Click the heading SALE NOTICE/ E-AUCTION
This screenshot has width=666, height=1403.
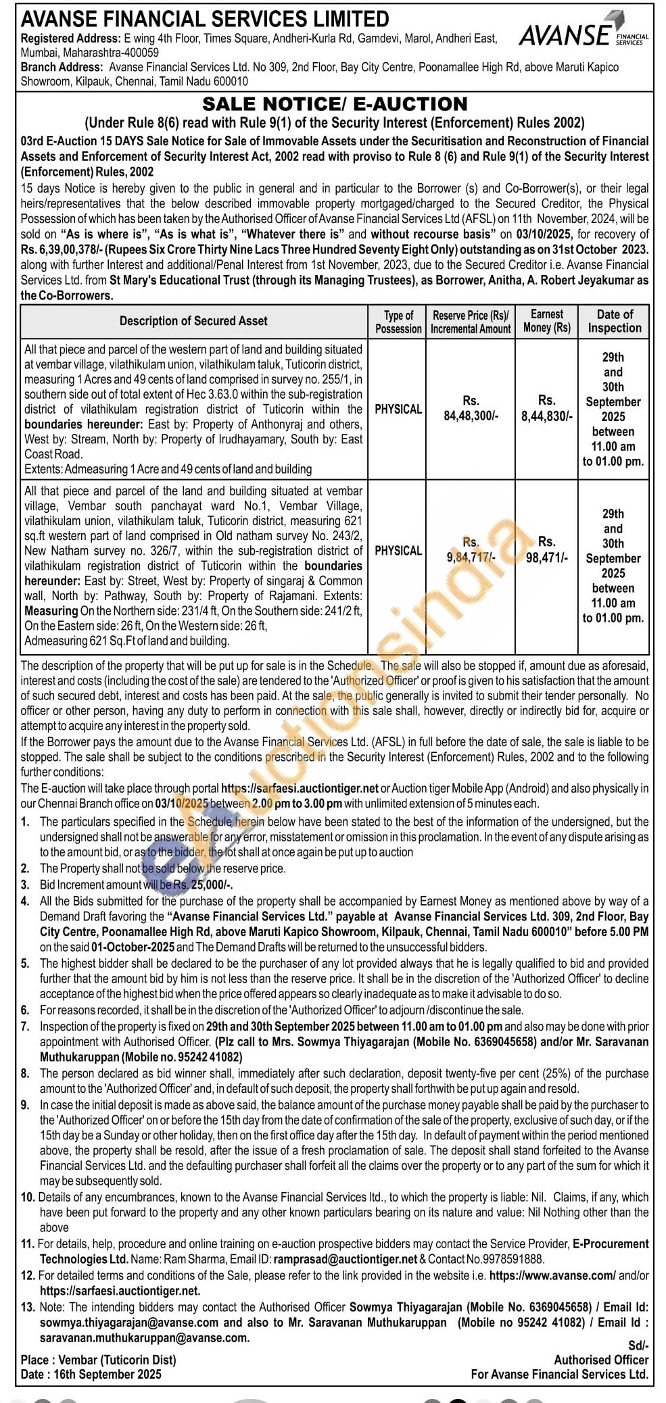click(335, 104)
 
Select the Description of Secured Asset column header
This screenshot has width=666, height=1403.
click(193, 321)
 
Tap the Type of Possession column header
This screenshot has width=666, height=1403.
click(398, 322)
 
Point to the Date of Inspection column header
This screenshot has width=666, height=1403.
click(614, 321)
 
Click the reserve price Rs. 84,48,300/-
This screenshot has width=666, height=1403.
click(471, 408)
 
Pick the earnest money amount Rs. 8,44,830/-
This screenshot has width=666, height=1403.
click(546, 408)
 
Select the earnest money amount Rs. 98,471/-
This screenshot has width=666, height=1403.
click(546, 549)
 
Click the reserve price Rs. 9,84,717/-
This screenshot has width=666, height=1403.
click(471, 549)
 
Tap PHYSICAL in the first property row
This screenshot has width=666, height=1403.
click(398, 409)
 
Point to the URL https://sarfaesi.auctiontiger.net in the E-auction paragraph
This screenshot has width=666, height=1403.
click(300, 788)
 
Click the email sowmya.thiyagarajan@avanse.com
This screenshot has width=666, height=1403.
click(129, 1323)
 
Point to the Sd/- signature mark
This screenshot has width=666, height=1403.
click(638, 1346)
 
